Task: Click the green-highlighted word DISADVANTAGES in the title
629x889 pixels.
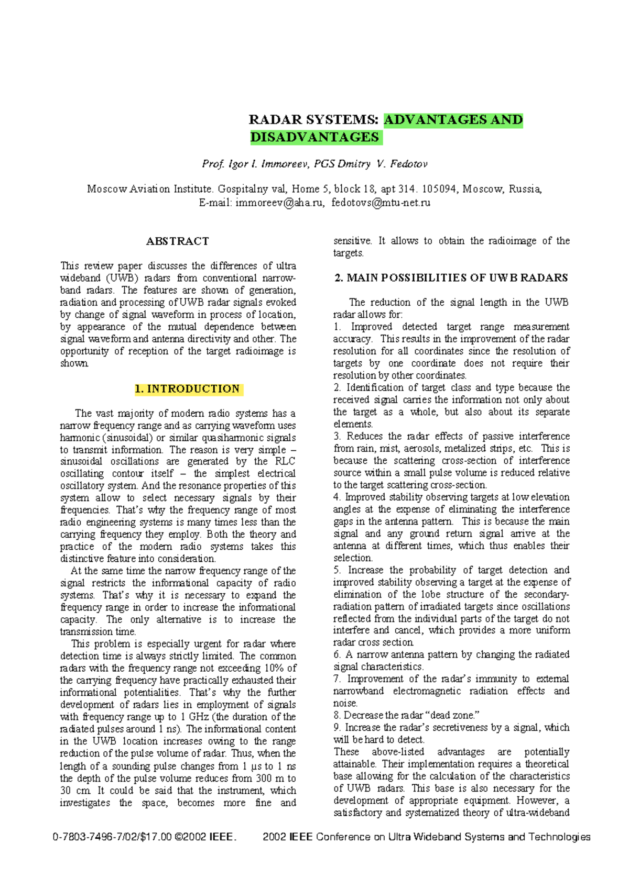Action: coord(315,137)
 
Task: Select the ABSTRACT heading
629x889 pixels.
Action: coord(177,241)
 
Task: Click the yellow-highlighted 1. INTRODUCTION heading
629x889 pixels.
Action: coord(187,389)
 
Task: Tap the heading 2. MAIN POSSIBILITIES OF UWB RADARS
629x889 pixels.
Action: coord(451,278)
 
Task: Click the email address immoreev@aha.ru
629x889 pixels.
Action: coord(279,203)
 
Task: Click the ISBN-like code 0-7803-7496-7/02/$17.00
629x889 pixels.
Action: coord(112,837)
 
